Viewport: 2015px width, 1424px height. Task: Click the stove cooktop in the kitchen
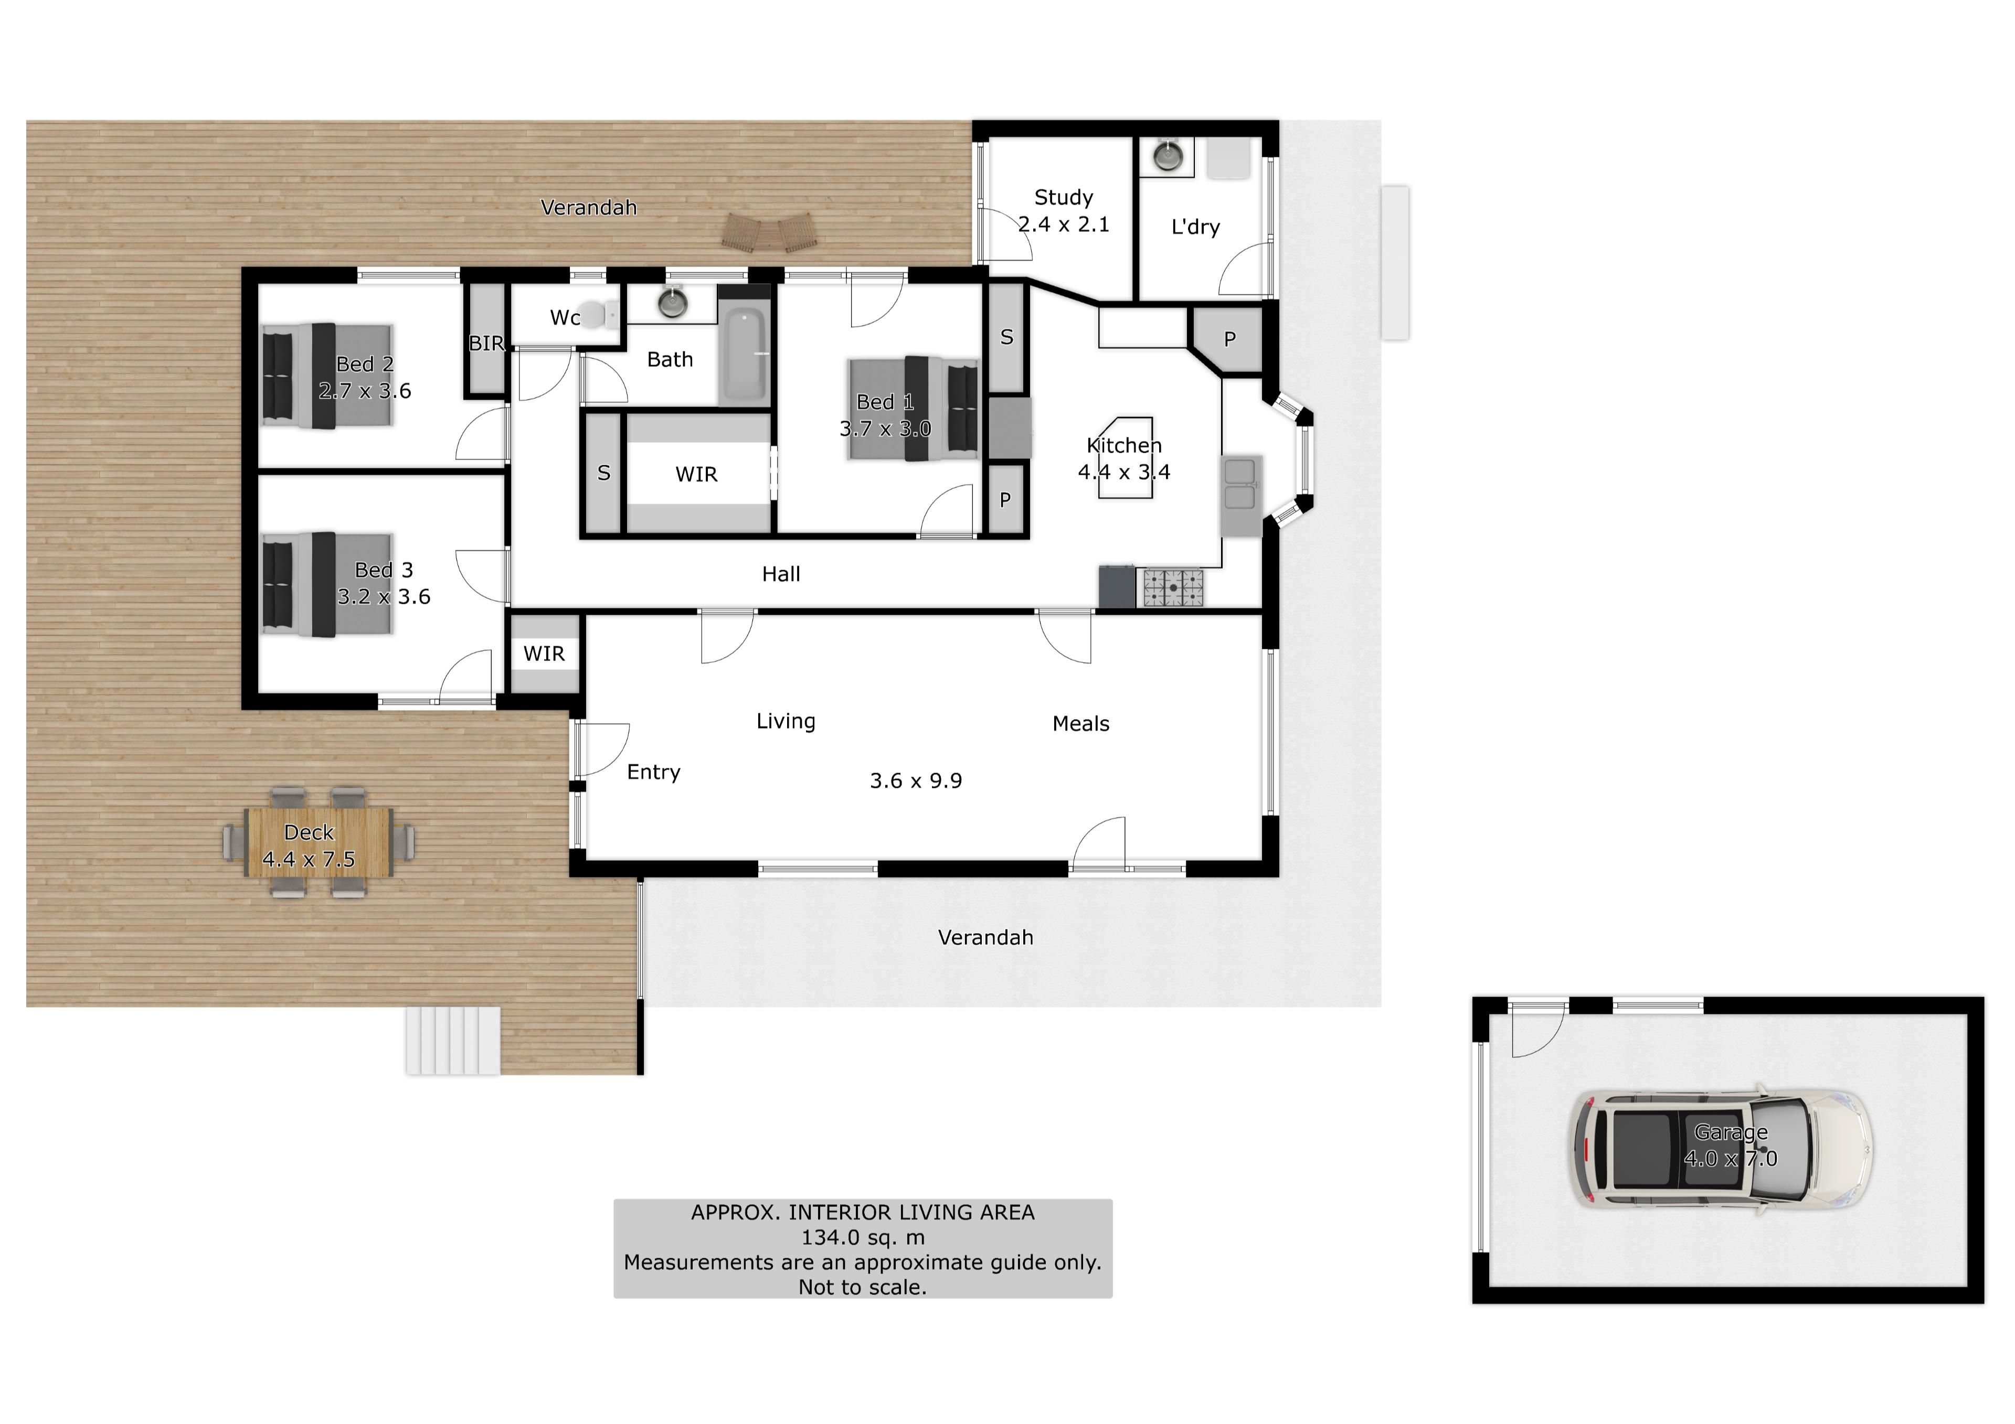(x=1172, y=588)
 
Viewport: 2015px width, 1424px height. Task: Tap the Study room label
(x=1064, y=197)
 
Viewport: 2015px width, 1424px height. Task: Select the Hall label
(x=781, y=574)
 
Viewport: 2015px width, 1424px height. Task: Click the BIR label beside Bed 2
(x=486, y=343)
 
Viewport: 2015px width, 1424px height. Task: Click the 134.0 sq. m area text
(x=863, y=1237)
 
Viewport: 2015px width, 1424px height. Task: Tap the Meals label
(x=1081, y=724)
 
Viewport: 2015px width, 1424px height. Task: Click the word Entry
(x=654, y=772)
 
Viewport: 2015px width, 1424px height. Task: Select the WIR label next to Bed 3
(x=544, y=654)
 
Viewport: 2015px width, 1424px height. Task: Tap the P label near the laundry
(x=1229, y=339)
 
